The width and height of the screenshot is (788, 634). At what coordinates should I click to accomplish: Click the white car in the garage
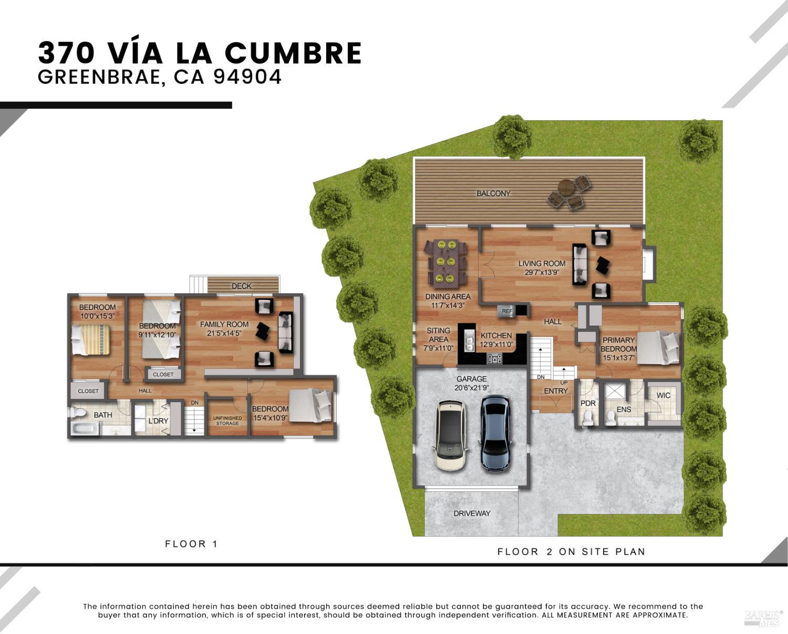451,435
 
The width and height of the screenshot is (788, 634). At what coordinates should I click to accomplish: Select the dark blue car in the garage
495,432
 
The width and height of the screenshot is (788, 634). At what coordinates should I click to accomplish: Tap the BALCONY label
493,194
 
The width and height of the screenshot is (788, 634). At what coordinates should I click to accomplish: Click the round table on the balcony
567,187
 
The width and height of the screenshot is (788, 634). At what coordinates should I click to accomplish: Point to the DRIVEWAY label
472,513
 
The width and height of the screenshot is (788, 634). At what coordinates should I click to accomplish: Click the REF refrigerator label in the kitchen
507,311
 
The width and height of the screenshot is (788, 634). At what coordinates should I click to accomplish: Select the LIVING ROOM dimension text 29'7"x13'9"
542,272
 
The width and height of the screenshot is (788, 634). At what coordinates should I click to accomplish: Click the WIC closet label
663,395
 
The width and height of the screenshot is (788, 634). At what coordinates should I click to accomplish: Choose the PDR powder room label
588,403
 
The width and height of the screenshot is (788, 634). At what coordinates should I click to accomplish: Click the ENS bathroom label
624,409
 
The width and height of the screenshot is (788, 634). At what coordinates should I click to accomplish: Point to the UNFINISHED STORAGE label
227,421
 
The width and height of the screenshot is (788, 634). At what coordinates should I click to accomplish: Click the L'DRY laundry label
158,421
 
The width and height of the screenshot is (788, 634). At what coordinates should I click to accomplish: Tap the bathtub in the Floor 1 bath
85,429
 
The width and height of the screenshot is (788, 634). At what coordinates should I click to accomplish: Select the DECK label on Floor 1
242,286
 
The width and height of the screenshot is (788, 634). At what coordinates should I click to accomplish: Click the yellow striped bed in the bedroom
90,340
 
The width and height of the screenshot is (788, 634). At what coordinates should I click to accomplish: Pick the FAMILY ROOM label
224,324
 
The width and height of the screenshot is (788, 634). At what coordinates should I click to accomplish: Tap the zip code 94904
247,77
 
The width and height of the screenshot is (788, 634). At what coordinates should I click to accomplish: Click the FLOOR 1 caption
191,544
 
